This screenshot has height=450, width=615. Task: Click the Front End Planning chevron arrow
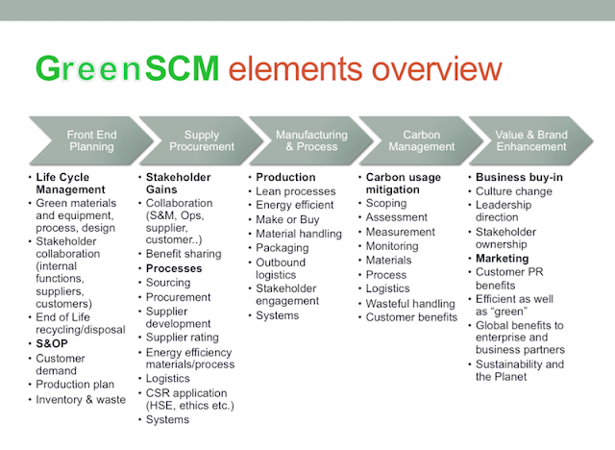pos(91,140)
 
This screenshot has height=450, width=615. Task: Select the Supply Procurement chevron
pos(202,140)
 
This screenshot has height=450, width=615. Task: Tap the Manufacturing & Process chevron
pos(311,140)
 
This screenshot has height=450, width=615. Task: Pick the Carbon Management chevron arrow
pos(422,140)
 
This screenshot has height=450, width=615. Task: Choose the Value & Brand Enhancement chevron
pos(531,140)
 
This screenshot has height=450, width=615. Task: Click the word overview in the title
pos(436,68)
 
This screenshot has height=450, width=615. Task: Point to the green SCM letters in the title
pos(182,68)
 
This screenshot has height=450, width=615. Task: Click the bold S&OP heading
pos(52,343)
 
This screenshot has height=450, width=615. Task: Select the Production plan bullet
pos(75,385)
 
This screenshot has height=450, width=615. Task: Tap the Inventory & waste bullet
pos(81,399)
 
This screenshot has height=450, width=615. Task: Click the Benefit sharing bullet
pos(184,254)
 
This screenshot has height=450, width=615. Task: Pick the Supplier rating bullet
pos(183,337)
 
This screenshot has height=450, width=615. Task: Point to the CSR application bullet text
pos(190,399)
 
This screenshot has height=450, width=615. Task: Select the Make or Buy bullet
pos(287,219)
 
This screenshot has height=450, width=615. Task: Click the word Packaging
pos(283,248)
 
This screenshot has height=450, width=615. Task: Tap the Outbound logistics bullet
pos(281,268)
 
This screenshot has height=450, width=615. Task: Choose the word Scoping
pos(386,203)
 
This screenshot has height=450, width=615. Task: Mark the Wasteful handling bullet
pos(410,304)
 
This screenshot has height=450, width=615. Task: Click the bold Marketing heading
pos(502,259)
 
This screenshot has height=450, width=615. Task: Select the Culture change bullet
pos(514,191)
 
